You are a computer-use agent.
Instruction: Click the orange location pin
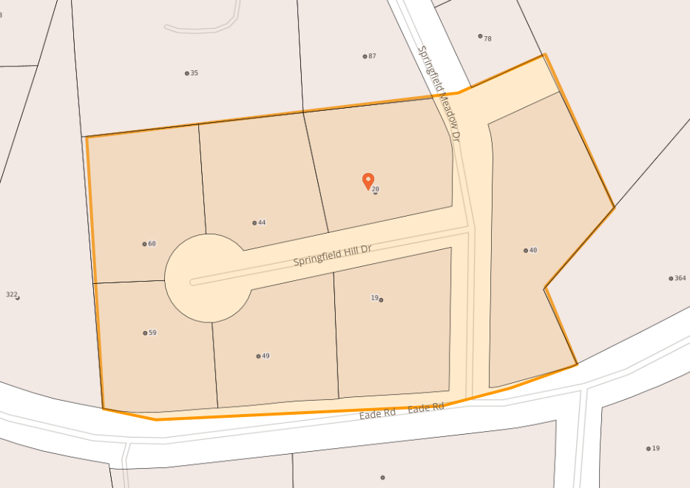point(368,180)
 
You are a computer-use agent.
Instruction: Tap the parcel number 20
point(376,189)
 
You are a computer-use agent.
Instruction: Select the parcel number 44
point(262,223)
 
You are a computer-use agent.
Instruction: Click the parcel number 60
point(152,244)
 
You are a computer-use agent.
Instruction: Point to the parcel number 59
point(152,333)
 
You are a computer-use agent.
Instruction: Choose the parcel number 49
point(265,356)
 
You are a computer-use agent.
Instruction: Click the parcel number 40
point(533,251)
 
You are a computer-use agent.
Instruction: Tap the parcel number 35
point(195,73)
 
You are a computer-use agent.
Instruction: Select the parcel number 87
point(372,56)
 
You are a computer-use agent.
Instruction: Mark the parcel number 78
point(487,38)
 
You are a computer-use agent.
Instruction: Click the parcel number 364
point(680,278)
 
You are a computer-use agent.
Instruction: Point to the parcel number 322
point(11,294)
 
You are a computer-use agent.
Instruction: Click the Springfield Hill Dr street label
point(332,256)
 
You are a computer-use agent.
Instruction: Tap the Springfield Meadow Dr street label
point(439,94)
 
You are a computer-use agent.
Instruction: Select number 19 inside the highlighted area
point(374,298)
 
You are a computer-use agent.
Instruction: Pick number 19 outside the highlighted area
point(656,448)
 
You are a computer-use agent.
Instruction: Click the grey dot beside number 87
point(365,56)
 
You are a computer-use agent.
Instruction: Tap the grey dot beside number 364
point(671,279)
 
